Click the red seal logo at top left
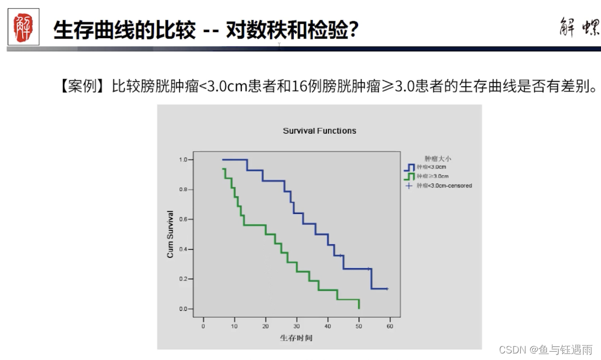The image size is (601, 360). pyautogui.click(x=23, y=28)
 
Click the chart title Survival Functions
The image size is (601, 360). pyautogui.click(x=319, y=131)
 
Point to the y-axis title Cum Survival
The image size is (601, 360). pyautogui.click(x=170, y=234)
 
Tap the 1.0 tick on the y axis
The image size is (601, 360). pyautogui.click(x=182, y=160)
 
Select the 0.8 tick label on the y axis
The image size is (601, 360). pyautogui.click(x=182, y=190)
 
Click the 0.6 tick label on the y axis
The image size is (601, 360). pyautogui.click(x=182, y=219)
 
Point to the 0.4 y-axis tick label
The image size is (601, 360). pyautogui.click(x=182, y=249)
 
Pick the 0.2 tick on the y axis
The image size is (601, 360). pyautogui.click(x=182, y=279)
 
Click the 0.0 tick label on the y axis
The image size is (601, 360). pyautogui.click(x=182, y=309)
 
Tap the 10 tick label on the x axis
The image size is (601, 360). pyautogui.click(x=234, y=326)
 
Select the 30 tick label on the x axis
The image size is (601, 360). pyautogui.click(x=296, y=326)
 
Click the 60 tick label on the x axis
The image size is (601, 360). pyautogui.click(x=390, y=326)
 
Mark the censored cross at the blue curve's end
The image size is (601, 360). pyautogui.click(x=387, y=289)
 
